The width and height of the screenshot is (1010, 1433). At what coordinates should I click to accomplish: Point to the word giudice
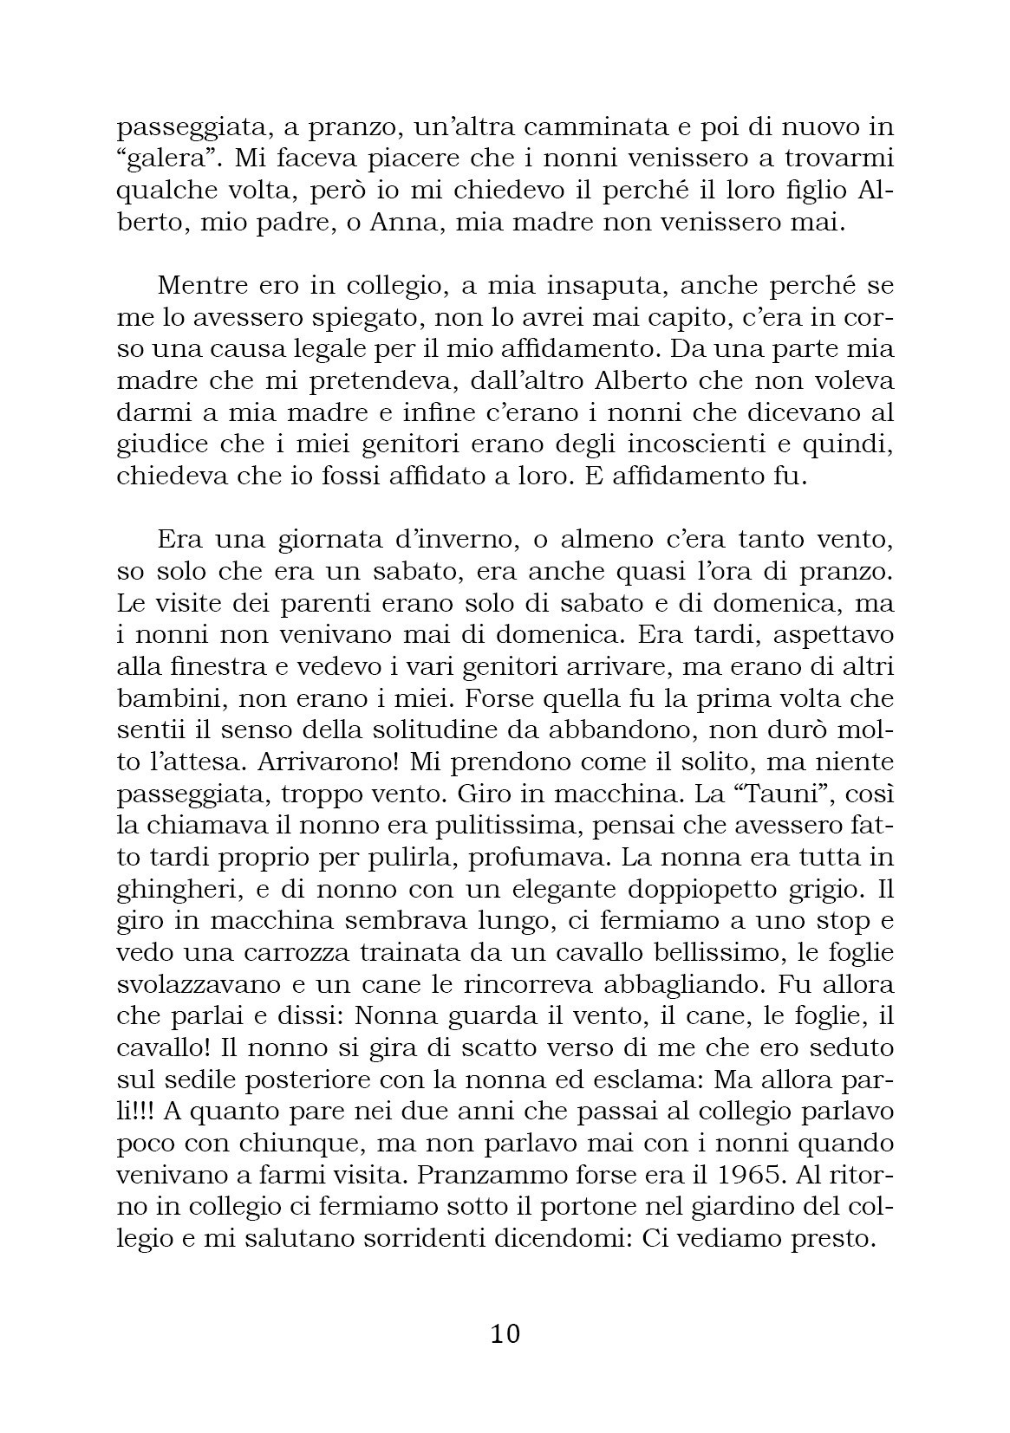pos(164,445)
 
